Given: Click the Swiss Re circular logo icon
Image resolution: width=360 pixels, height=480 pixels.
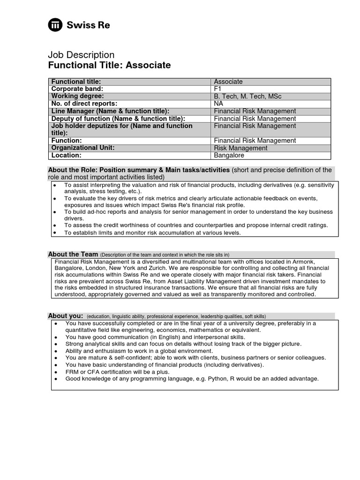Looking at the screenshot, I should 56,25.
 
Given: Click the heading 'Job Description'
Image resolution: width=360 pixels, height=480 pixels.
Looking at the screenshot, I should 81,55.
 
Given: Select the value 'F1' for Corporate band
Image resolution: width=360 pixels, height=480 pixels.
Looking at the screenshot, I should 218,89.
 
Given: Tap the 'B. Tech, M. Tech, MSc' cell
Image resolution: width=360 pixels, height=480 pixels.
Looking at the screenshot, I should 247,96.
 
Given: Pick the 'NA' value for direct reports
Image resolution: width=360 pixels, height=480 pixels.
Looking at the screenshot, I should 218,104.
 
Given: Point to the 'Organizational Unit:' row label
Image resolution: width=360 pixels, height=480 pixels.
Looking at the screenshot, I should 83,148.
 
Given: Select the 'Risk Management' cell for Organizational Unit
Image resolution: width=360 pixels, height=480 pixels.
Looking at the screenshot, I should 240,148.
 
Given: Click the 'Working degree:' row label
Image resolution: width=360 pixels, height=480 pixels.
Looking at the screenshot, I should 78,96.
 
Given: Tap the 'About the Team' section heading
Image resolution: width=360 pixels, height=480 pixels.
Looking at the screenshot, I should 73,254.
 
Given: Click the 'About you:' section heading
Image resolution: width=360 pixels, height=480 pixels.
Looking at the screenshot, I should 65,315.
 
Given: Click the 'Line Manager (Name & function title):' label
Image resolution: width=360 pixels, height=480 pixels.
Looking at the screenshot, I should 110,111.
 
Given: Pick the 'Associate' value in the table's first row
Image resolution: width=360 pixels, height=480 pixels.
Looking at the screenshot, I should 228,82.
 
